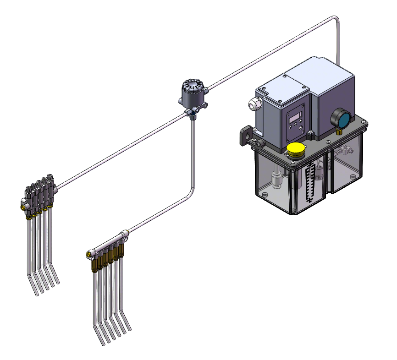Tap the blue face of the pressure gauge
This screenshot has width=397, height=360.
[341, 119]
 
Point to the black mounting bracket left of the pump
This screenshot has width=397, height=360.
[246, 136]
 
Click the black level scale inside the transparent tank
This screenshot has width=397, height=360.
[311, 181]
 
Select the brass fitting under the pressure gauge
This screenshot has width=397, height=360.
[339, 131]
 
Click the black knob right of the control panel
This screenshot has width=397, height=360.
[311, 135]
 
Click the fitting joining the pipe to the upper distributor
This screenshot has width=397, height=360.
[55, 187]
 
